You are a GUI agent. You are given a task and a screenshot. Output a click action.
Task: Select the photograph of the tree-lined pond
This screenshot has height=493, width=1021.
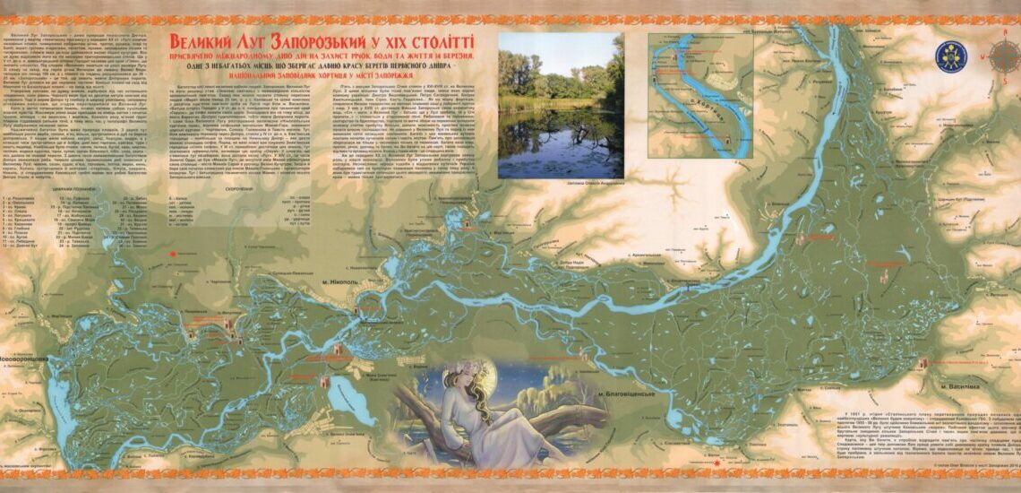pos(561,105)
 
